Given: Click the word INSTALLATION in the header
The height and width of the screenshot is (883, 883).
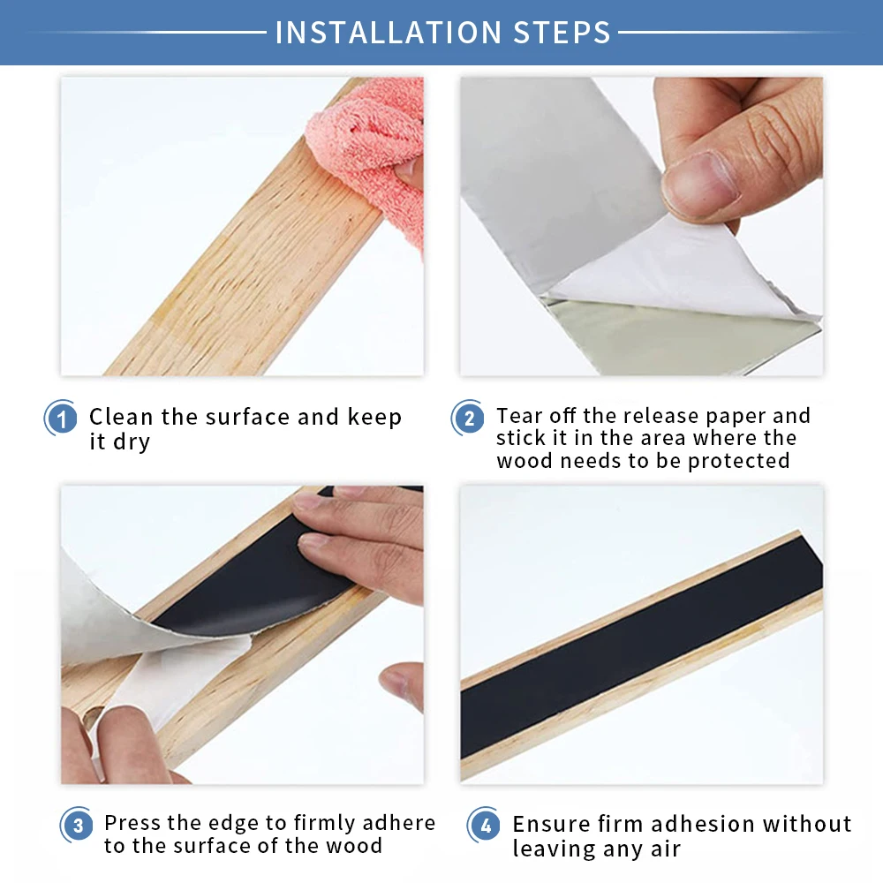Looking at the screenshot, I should (381, 33).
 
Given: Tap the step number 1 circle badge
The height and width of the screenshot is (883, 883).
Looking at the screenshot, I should (62, 418).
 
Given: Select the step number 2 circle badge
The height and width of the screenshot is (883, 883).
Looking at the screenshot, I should (468, 418).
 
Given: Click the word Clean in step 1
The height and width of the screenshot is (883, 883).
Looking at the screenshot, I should (122, 417).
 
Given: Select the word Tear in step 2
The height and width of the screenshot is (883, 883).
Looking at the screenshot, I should (520, 415).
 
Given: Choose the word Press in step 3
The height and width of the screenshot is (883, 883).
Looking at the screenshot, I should (134, 823).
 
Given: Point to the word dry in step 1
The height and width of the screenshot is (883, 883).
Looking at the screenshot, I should (132, 441).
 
